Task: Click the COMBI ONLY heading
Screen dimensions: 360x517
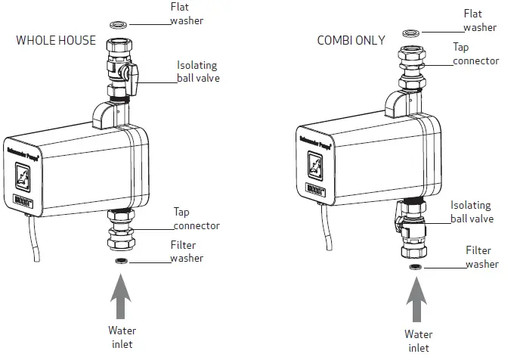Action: tap(351, 40)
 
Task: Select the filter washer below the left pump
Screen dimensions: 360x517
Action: tap(120, 261)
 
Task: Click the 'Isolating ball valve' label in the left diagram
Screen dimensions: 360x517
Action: tap(198, 71)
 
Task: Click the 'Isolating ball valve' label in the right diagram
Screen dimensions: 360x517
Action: tap(472, 212)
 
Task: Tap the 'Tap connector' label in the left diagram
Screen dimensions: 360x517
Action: tap(196, 219)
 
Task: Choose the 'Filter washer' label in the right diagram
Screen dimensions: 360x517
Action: tap(481, 257)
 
